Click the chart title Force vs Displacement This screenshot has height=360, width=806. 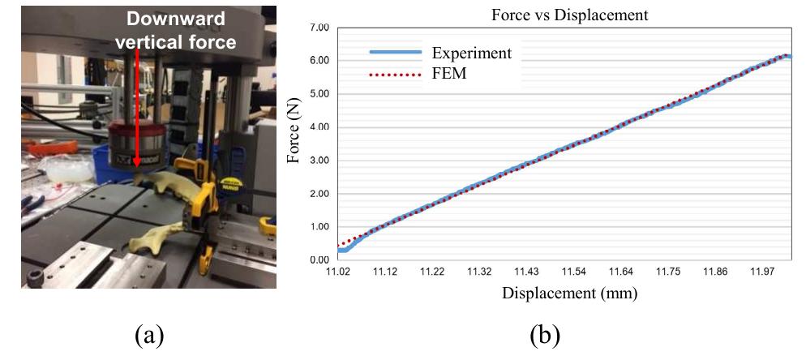tap(570, 15)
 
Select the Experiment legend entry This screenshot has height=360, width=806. tap(441, 53)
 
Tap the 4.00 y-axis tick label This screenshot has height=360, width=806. tap(319, 127)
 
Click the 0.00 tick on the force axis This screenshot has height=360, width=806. tap(319, 260)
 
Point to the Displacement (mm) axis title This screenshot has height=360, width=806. tap(569, 294)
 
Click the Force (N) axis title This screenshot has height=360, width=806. tap(294, 130)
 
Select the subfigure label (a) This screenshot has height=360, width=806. tap(149, 336)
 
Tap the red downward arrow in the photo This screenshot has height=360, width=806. tap(137, 107)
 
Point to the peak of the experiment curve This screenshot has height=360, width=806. tap(786, 56)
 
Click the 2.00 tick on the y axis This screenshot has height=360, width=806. tap(319, 194)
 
